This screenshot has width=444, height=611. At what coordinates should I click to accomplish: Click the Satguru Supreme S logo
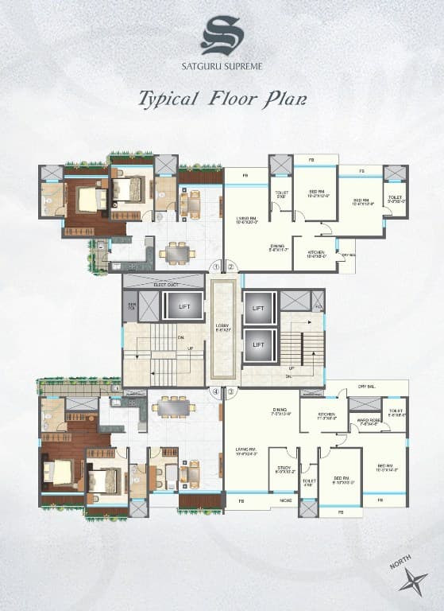coord(222,35)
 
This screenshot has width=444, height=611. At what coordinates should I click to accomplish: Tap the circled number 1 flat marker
coord(215,267)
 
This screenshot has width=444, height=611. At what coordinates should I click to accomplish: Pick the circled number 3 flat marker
coord(230,391)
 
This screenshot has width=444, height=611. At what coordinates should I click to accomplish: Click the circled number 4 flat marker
coord(215,391)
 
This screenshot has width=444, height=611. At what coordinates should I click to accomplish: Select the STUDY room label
coord(283,469)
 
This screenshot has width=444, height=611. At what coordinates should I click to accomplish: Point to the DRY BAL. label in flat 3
coord(368,384)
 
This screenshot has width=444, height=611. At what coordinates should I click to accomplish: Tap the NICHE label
coord(284,500)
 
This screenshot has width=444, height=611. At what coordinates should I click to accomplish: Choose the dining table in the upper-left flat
coord(176,254)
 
